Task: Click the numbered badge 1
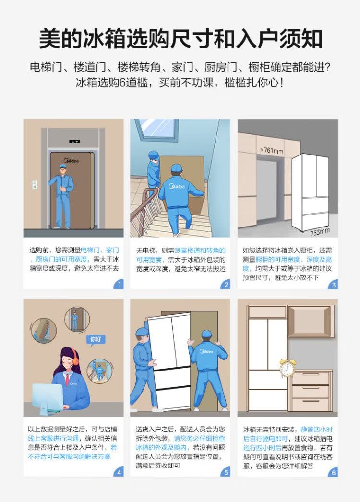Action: pos(119,284)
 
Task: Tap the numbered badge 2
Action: pos(226,284)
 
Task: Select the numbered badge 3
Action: pos(333,284)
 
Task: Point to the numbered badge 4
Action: pos(119,472)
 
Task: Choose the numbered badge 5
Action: pos(226,472)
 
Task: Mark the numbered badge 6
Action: pos(333,472)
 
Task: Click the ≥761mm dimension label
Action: pos(272,150)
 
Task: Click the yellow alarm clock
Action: pos(287,368)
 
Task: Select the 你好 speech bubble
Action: pos(96,339)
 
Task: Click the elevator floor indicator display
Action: pos(74,141)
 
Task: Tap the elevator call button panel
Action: pos(35,185)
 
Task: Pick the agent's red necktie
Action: pos(67,379)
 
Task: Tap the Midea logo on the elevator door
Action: pos(71,160)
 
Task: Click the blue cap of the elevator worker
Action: pos(62,166)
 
